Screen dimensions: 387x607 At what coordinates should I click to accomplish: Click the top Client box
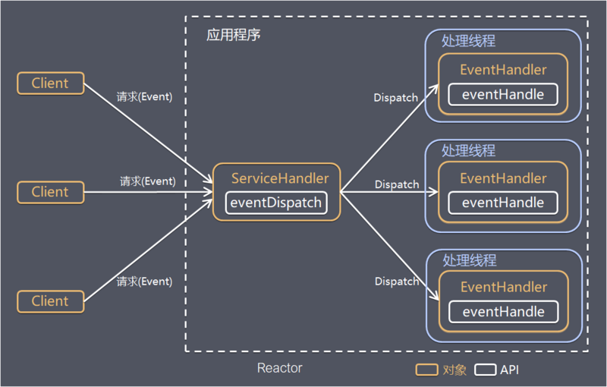50,83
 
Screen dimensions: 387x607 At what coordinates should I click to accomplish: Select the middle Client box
50,192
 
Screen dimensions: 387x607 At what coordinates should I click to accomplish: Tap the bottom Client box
50,301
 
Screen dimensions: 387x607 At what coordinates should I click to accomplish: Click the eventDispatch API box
276,203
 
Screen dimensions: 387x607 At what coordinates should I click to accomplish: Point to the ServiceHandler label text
280,179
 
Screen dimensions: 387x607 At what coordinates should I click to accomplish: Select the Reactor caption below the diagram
279,368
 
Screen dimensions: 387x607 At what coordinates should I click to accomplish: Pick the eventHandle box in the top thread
503,94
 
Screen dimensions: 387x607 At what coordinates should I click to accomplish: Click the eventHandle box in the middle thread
503,203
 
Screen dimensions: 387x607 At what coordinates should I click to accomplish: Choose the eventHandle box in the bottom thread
503,312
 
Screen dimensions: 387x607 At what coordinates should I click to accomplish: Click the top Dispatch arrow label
396,98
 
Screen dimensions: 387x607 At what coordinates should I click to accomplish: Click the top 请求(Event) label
144,97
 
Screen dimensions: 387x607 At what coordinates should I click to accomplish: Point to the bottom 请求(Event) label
144,282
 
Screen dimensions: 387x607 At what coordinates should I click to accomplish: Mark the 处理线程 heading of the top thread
468,41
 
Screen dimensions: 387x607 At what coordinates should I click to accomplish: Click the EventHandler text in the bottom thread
503,288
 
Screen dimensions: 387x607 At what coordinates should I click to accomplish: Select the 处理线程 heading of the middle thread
468,150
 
